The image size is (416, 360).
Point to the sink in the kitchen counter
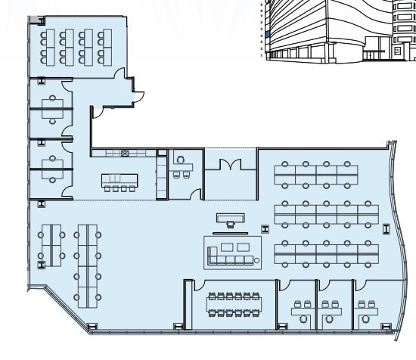tap(124, 153)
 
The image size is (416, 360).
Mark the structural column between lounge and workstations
tap(263, 228)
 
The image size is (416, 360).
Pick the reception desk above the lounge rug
tap(231, 219)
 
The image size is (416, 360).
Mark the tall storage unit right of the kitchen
tap(161, 175)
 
